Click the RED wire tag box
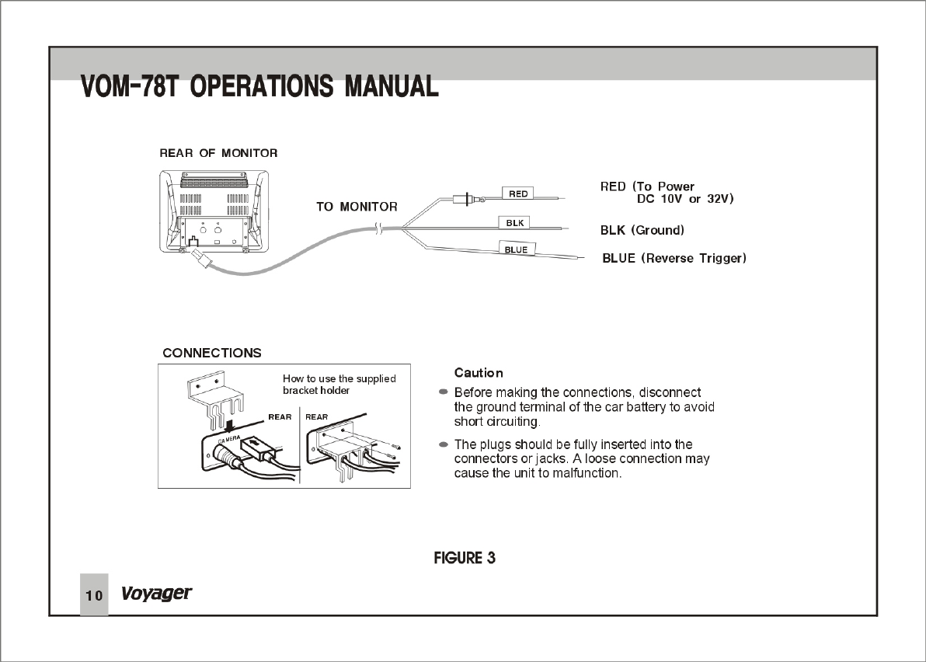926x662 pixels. tap(518, 193)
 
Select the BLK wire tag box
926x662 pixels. tap(514, 223)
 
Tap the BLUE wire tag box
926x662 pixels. tap(516, 249)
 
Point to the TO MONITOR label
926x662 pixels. tap(357, 207)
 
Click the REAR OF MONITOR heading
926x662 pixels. tap(218, 153)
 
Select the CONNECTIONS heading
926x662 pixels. tap(212, 353)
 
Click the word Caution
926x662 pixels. tap(479, 373)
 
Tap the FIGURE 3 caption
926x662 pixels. tap(465, 558)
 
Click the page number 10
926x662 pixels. tap(94, 596)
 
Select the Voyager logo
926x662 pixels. tap(156, 594)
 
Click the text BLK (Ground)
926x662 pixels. tap(642, 231)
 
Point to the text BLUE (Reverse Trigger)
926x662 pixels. tap(674, 258)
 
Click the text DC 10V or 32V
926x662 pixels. tap(685, 199)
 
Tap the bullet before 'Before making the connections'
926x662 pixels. tap(444, 392)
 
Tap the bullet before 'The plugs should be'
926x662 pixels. tap(444, 444)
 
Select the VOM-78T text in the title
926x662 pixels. tap(131, 86)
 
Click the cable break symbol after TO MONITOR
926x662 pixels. tap(378, 228)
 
